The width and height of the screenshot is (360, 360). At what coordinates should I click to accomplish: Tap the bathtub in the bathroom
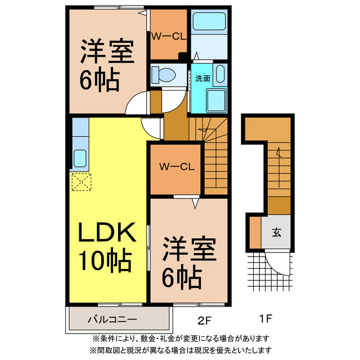208,22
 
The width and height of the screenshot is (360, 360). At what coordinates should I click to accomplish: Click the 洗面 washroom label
203,78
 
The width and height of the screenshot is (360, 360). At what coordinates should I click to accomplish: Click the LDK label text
106,232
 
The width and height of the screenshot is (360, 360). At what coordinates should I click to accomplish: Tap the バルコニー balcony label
112,319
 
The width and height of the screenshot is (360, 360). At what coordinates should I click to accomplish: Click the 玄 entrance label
278,231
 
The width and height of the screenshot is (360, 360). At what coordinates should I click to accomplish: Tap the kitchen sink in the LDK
80,158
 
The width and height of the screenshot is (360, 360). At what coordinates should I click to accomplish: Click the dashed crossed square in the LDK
81,182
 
